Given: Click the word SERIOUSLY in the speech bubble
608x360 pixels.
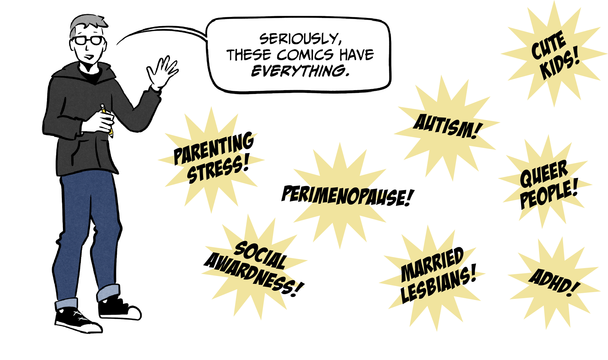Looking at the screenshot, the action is click(300, 39).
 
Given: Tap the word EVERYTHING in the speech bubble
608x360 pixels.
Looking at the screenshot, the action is click(300, 71).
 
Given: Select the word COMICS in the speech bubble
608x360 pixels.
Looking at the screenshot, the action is click(305, 55).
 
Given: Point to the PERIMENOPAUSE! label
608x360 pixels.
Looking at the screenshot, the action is click(347, 196).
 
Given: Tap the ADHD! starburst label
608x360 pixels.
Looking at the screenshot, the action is click(554, 283).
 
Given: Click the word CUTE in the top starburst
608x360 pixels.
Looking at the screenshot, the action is click(548, 45).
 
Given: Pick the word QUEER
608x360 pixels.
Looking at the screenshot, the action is click(544, 174).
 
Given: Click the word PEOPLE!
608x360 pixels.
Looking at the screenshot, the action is click(549, 194).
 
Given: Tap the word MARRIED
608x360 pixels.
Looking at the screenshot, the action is click(432, 264).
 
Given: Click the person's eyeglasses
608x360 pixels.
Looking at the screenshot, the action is click(89, 41).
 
